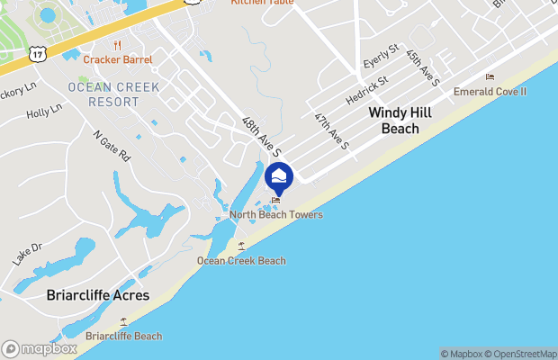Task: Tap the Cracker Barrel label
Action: tap(118, 59)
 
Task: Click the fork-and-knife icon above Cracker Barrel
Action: tap(118, 45)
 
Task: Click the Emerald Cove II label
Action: tap(490, 92)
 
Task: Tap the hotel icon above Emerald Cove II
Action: tap(490, 77)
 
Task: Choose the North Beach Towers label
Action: tap(275, 214)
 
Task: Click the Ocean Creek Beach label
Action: tap(241, 261)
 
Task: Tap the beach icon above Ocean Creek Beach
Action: tap(240, 246)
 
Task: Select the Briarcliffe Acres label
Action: tap(98, 295)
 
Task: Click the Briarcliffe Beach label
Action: tap(123, 337)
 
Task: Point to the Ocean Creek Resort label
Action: tap(113, 94)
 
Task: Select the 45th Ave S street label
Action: tap(421, 68)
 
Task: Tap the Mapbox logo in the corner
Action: tap(40, 348)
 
